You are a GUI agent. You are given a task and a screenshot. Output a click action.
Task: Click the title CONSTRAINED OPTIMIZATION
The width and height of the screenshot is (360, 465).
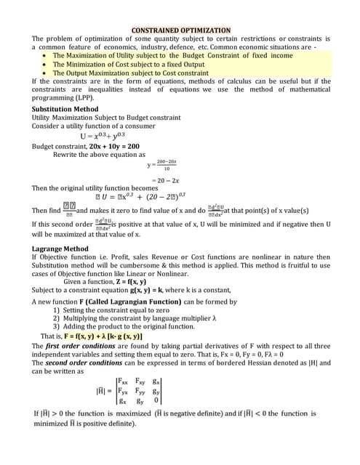click(180, 30)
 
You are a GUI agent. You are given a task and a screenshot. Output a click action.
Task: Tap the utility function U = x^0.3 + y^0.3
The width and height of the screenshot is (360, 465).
click(113, 135)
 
